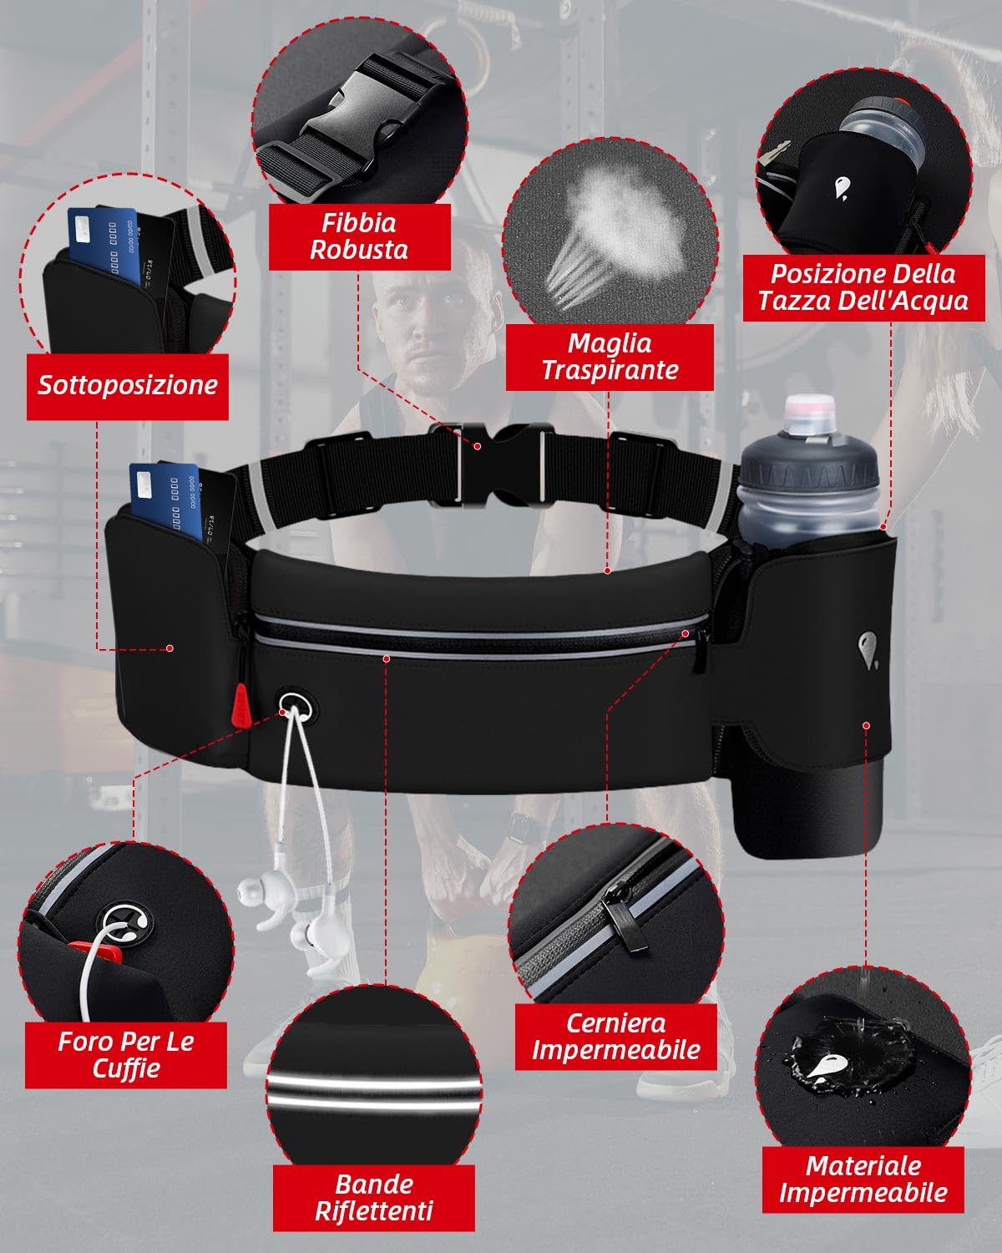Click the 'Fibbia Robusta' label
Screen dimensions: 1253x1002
[x=359, y=236]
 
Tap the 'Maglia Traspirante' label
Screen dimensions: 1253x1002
[x=610, y=357]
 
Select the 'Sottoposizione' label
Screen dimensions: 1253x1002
[x=128, y=385]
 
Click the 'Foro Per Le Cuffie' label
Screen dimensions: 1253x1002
[x=126, y=1054]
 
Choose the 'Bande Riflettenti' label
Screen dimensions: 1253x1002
[x=374, y=1197]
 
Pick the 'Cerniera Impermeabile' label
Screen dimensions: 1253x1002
[x=615, y=1037]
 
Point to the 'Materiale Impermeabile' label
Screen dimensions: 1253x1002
[x=863, y=1179]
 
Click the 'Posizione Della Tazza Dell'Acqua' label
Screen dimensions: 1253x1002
[x=863, y=287]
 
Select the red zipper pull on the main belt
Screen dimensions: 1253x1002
[x=241, y=703]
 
